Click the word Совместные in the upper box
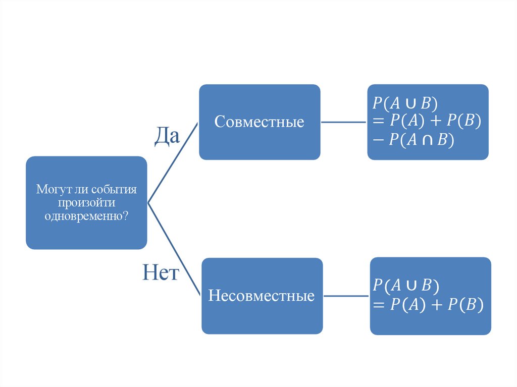259,122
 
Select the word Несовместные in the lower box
262,296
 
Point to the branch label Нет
161,273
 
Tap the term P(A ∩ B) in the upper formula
422,140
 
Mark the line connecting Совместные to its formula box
344,122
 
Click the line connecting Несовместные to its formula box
346,296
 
